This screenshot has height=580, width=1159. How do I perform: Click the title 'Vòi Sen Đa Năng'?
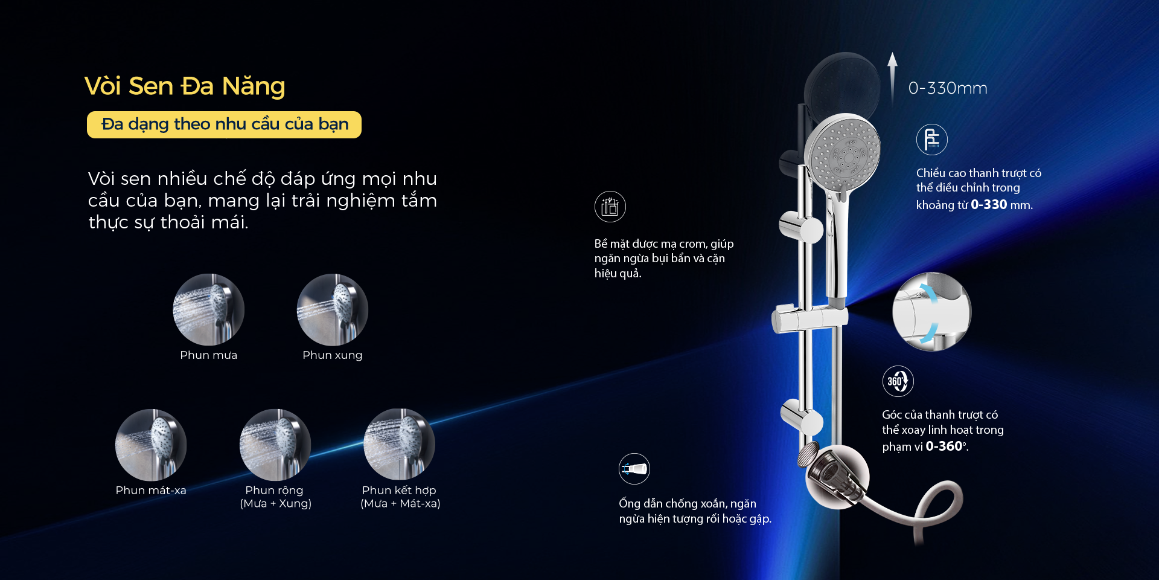coord(185,86)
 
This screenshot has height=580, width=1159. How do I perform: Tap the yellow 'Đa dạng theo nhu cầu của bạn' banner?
coord(224,124)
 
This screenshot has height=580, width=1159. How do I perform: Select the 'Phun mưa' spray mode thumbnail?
coord(209,309)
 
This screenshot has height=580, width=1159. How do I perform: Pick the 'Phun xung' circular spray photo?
coord(333,309)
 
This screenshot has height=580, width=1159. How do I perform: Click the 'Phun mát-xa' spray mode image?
coord(151,445)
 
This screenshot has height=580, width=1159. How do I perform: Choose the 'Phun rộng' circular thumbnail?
coord(275,445)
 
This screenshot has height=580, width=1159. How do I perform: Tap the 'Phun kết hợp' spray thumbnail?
coord(399,445)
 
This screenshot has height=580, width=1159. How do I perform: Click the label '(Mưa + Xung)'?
coord(275,503)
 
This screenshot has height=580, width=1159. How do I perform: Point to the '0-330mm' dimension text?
coord(948,88)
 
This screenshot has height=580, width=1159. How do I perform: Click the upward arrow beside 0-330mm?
coord(892,79)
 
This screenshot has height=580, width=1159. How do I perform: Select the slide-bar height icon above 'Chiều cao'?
coord(932,140)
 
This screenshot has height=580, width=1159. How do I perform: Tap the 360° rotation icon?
coord(898,381)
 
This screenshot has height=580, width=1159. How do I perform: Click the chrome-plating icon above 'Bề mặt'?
coord(610,207)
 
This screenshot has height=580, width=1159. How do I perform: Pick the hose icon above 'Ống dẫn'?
coord(634,469)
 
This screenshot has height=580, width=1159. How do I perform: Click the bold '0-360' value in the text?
coord(944,446)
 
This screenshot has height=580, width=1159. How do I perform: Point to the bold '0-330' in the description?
coord(989,205)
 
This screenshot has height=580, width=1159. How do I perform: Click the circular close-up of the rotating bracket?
coord(932,312)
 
